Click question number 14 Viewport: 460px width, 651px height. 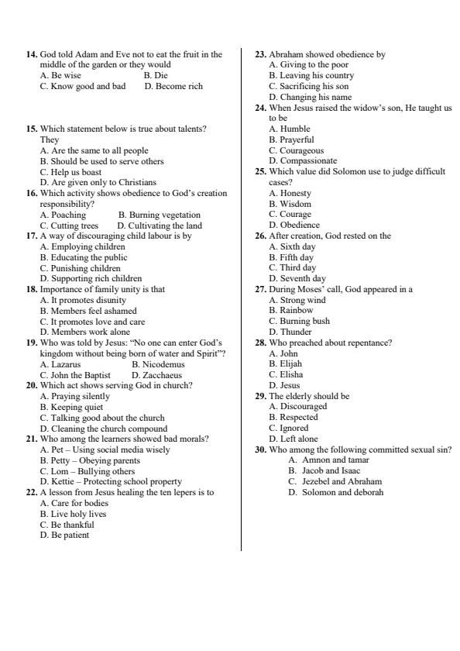coord(32,54)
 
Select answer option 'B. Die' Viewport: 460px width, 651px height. coord(155,76)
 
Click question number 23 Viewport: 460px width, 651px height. coord(261,54)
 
